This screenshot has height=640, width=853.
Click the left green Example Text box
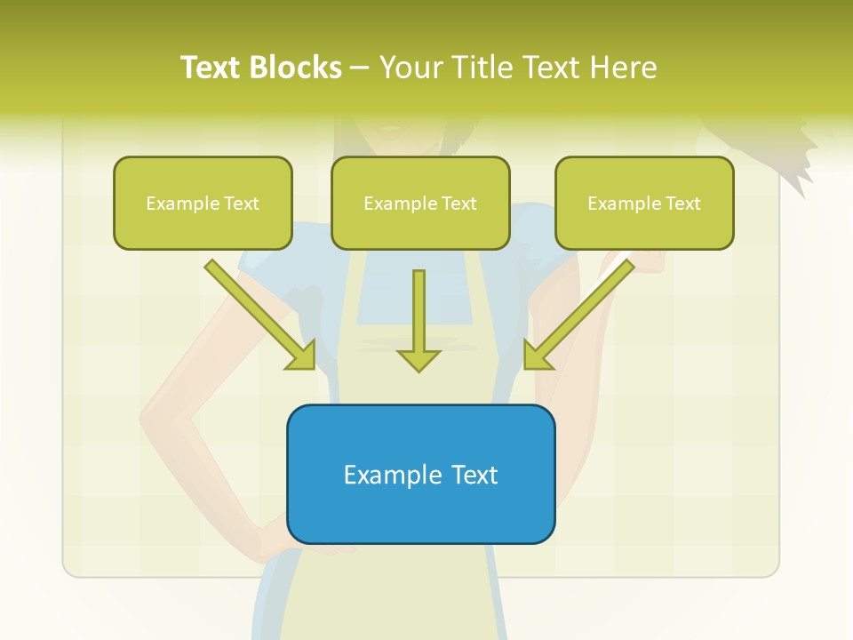[x=203, y=203]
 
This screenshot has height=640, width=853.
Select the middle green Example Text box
[x=420, y=203]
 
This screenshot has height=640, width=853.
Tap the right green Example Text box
[x=644, y=203]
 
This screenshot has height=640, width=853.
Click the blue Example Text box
[x=420, y=474]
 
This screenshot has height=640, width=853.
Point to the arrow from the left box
[x=260, y=316]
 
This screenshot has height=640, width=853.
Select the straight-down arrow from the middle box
[x=419, y=320]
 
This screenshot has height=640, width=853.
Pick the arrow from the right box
[x=578, y=316]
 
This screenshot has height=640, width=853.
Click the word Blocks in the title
[x=295, y=68]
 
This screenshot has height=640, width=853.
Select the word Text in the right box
[x=682, y=204]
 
